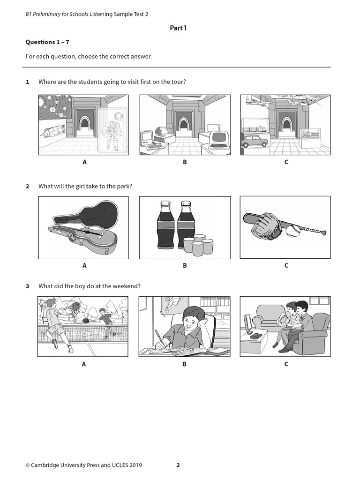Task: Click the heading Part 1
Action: coord(178,28)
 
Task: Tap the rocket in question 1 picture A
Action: coord(53,132)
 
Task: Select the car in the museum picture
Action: coord(254,141)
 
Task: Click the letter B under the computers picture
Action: coord(185,162)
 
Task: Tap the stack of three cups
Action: coord(198,245)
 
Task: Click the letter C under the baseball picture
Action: coord(286,265)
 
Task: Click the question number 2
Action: coord(28,186)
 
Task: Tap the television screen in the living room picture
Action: coord(247,323)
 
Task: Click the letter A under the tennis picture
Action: coord(84,364)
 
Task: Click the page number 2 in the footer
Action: coord(178,465)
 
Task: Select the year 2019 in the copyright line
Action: coord(135,465)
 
